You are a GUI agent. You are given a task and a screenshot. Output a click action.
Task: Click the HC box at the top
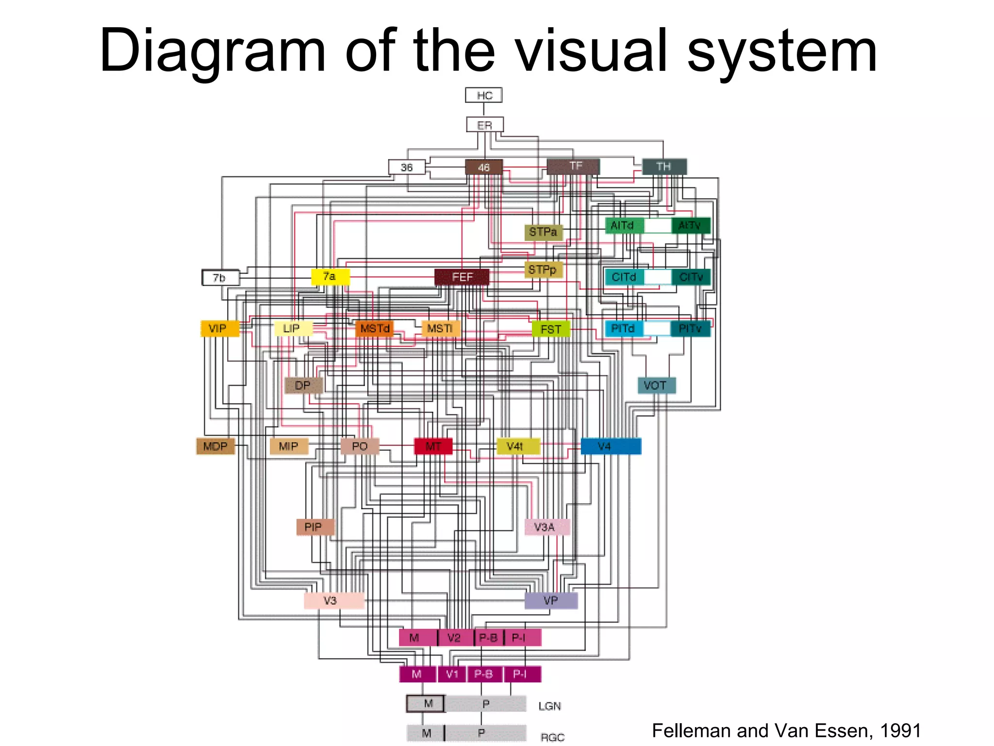click(483, 95)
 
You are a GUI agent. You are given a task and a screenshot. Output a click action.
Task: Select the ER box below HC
click(484, 125)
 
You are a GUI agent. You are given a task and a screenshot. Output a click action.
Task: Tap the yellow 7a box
click(330, 277)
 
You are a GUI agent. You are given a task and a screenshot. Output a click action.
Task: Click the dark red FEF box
click(462, 277)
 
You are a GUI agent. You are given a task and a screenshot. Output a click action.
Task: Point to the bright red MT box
click(433, 446)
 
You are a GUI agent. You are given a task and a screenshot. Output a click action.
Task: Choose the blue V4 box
click(611, 446)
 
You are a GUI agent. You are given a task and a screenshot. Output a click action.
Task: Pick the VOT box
click(656, 386)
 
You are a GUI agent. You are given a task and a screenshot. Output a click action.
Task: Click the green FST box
click(551, 329)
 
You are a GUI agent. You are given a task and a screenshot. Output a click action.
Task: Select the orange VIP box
click(220, 328)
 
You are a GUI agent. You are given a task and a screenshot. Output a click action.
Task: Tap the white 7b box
click(220, 278)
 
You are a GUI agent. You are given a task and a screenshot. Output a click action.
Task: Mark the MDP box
click(215, 446)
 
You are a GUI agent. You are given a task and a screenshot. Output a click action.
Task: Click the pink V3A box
click(547, 527)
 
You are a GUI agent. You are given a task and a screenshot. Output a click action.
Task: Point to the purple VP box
click(551, 600)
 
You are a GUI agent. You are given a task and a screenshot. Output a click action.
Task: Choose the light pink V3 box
click(333, 600)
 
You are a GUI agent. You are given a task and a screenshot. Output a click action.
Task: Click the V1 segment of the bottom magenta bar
click(452, 674)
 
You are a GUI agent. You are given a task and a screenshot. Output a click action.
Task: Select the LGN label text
click(549, 706)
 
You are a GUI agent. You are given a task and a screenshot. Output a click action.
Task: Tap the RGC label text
click(552, 737)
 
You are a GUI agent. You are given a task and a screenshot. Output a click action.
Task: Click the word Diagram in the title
click(213, 51)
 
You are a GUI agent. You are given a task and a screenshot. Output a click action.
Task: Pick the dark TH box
click(664, 167)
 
